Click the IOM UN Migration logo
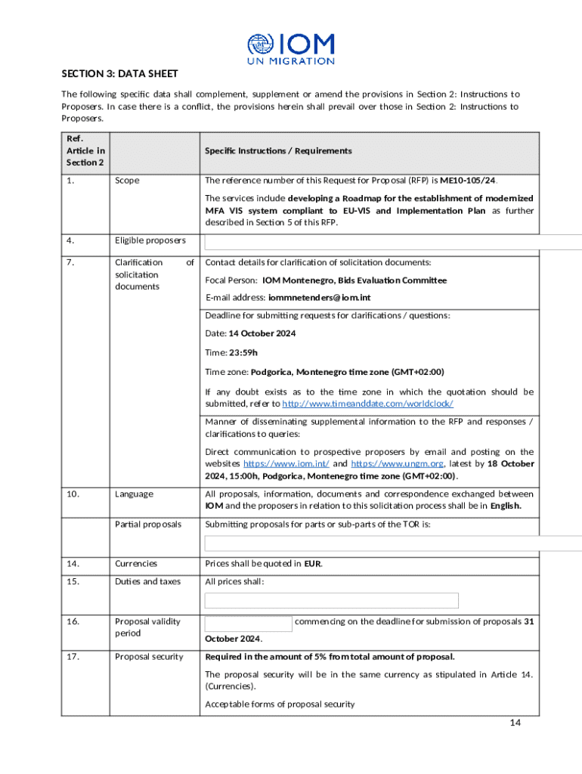pos(290,48)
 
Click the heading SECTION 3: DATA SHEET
pos(119,73)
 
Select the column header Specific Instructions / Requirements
pos(278,150)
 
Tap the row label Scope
pos(127,181)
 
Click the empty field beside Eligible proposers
pos(393,242)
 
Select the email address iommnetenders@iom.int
pos(328,298)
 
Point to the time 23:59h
pos(243,352)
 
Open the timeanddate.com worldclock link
pos(367,404)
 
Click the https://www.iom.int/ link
pos(286,463)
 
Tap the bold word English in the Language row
pos(505,506)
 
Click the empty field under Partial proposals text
pos(393,543)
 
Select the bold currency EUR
pos(313,563)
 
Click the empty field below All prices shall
pos(332,601)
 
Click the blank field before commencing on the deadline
pos(249,623)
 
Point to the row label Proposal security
pos(149,656)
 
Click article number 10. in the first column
pos(73,494)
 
